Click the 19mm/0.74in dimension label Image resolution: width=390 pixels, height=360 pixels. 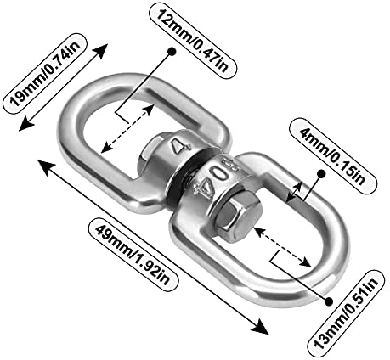44,73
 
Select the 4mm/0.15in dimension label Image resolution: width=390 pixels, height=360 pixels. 333,155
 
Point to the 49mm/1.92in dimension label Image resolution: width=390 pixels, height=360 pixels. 134,255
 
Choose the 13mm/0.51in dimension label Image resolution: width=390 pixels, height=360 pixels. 346,313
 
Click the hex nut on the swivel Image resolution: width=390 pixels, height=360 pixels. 238,216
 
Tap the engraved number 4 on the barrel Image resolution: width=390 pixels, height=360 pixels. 181,145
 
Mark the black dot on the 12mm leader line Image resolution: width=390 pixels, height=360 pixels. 172,52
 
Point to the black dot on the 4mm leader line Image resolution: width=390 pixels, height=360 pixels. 321,173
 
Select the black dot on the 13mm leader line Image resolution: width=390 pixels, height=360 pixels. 328,301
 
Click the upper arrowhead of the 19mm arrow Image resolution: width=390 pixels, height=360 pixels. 102,50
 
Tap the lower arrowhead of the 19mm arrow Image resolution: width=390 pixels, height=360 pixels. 25,124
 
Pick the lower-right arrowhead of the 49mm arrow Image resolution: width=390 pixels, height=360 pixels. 260,327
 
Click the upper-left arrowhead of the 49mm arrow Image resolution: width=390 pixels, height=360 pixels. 45,167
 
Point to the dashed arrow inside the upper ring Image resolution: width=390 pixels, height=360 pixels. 127,129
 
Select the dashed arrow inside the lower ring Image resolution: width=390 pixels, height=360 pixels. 282,247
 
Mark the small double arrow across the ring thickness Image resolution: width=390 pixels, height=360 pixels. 293,193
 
